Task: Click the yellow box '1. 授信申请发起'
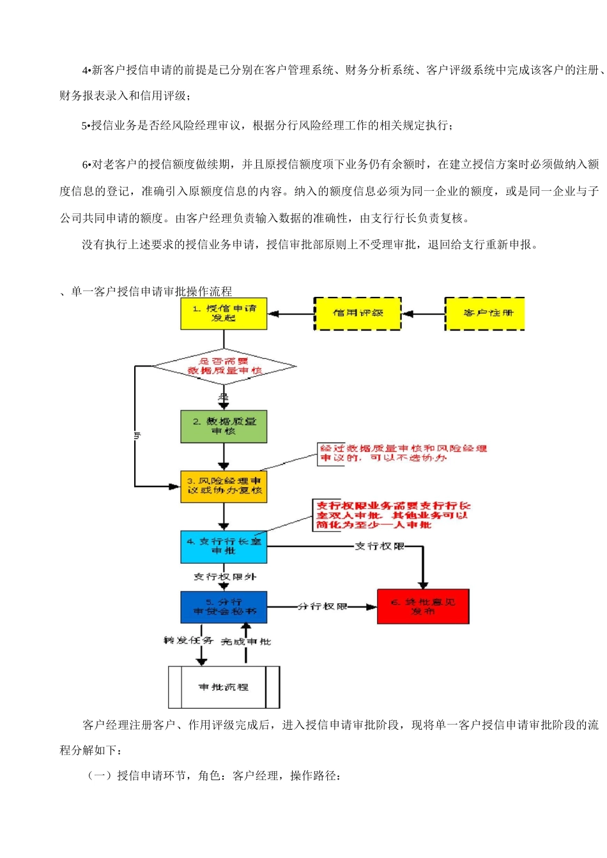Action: pyautogui.click(x=224, y=313)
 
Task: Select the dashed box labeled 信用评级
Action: pyautogui.click(x=358, y=313)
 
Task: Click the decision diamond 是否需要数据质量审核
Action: pyautogui.click(x=224, y=366)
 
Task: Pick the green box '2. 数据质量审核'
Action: pyautogui.click(x=224, y=426)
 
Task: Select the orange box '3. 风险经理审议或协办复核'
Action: pyautogui.click(x=224, y=486)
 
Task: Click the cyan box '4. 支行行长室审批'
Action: pyautogui.click(x=224, y=546)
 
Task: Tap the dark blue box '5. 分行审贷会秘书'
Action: pyautogui.click(x=224, y=606)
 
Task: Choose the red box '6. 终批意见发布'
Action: pyautogui.click(x=423, y=606)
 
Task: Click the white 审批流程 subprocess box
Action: pyautogui.click(x=224, y=687)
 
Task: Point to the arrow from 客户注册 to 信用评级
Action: pyautogui.click(x=423, y=314)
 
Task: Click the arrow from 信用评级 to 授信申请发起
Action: pyautogui.click(x=291, y=314)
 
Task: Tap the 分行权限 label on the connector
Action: pyautogui.click(x=323, y=606)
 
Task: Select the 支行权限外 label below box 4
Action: pyautogui.click(x=225, y=577)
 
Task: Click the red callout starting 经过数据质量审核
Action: pyautogui.click(x=403, y=453)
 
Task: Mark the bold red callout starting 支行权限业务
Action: pyautogui.click(x=392, y=515)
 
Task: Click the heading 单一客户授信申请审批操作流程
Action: pyautogui.click(x=151, y=292)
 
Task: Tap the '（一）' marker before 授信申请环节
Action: pyautogui.click(x=99, y=776)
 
